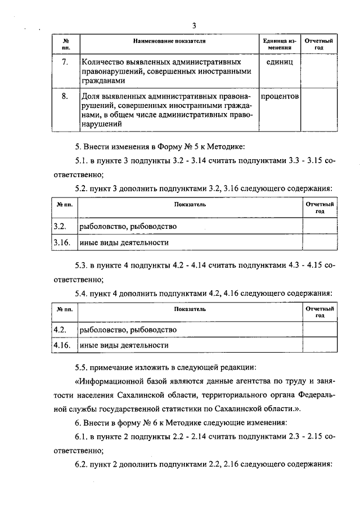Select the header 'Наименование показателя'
tap(169, 42)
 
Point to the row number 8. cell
tap(65, 96)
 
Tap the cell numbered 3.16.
tap(61, 242)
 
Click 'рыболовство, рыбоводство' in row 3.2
tap(128, 226)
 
